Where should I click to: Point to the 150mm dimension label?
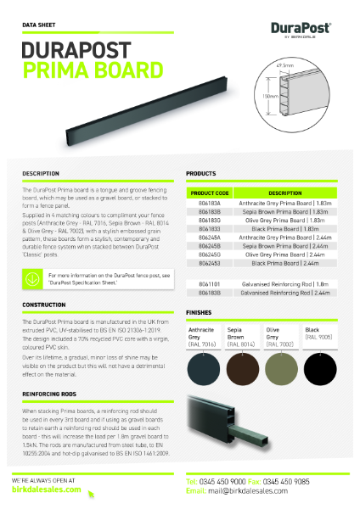tap(271, 96)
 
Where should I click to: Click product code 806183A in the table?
tap(209, 204)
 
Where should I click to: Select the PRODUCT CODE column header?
tap(210, 193)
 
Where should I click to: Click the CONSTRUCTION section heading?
tap(45, 305)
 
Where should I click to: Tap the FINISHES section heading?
tap(200, 312)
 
